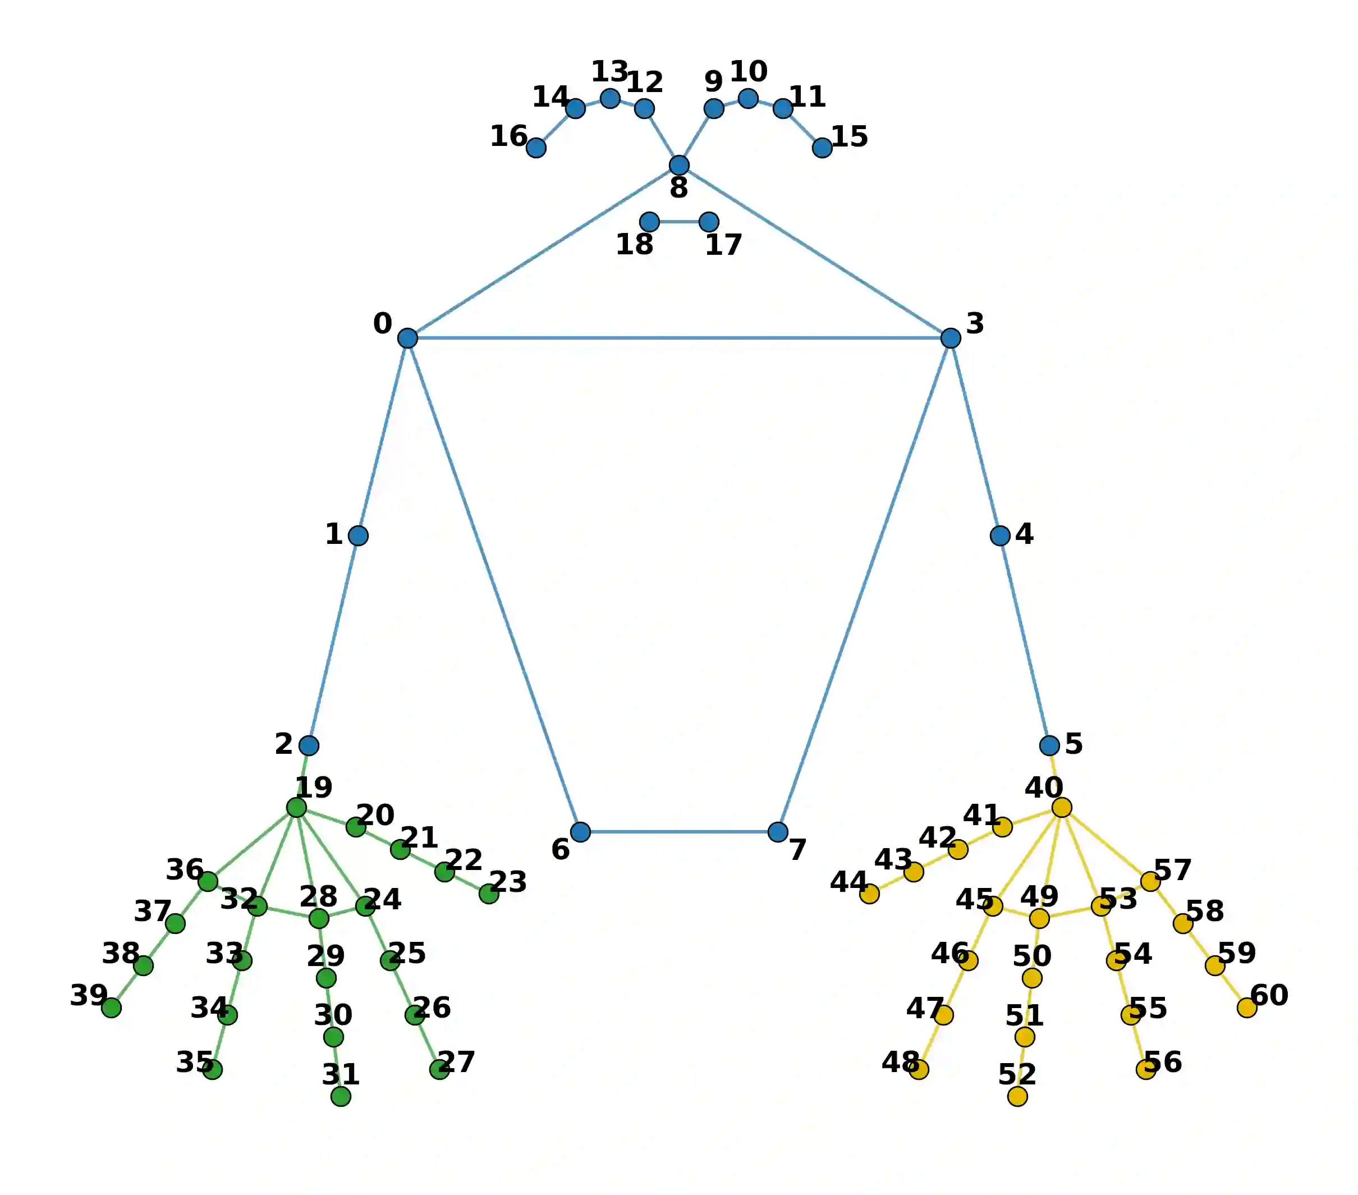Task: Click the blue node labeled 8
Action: point(679,165)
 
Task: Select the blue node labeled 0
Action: point(407,338)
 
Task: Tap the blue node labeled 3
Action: point(951,338)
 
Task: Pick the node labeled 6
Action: point(580,831)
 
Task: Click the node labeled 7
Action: point(778,831)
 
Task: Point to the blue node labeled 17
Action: point(709,221)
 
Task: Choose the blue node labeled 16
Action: point(536,148)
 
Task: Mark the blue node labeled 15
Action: point(823,148)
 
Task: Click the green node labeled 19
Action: point(296,808)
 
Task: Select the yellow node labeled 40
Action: point(1062,808)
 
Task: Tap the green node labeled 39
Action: point(112,1008)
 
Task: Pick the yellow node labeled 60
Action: point(1247,1008)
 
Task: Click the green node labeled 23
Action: point(489,894)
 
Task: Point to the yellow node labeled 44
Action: point(869,894)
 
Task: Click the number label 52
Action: point(1017,1075)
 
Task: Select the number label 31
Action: point(341,1075)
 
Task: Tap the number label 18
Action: point(635,245)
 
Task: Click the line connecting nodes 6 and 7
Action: point(679,831)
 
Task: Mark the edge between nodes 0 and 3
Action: point(679,338)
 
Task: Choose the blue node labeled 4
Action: point(1000,535)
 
